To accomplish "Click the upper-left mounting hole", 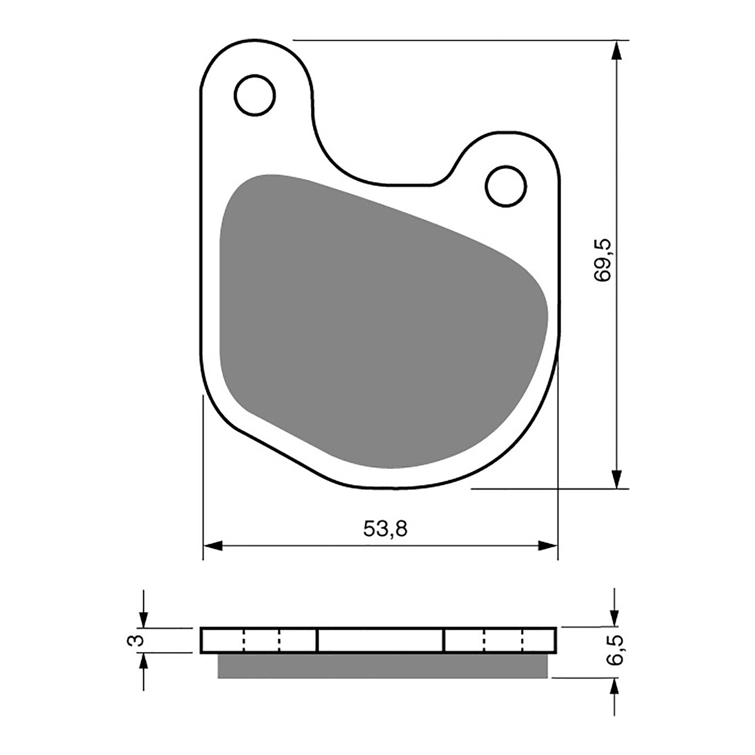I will coord(254,95).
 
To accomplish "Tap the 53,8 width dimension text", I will coord(385,529).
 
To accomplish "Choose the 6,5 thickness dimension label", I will coord(615,649).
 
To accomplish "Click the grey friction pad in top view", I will coord(377,321).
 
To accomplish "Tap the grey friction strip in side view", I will coord(382,665).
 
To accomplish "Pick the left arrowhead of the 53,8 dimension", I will coord(213,546).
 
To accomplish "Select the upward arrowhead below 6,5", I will coord(614,688).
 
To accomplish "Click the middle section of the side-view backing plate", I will coord(380,640).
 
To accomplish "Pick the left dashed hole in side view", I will coord(261,640).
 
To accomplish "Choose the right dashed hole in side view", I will coord(503,640).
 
